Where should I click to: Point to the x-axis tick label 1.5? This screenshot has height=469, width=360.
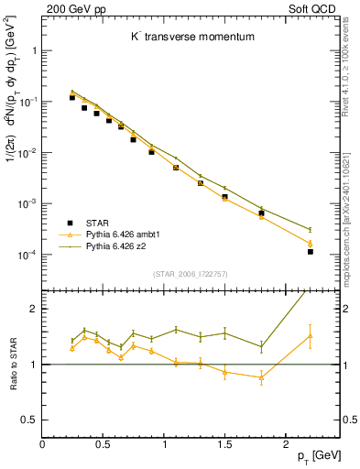point(223,444)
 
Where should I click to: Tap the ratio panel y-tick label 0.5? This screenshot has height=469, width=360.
point(32,420)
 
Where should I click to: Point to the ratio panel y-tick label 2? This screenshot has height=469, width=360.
point(36,309)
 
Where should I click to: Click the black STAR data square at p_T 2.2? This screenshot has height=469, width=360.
point(310,251)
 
